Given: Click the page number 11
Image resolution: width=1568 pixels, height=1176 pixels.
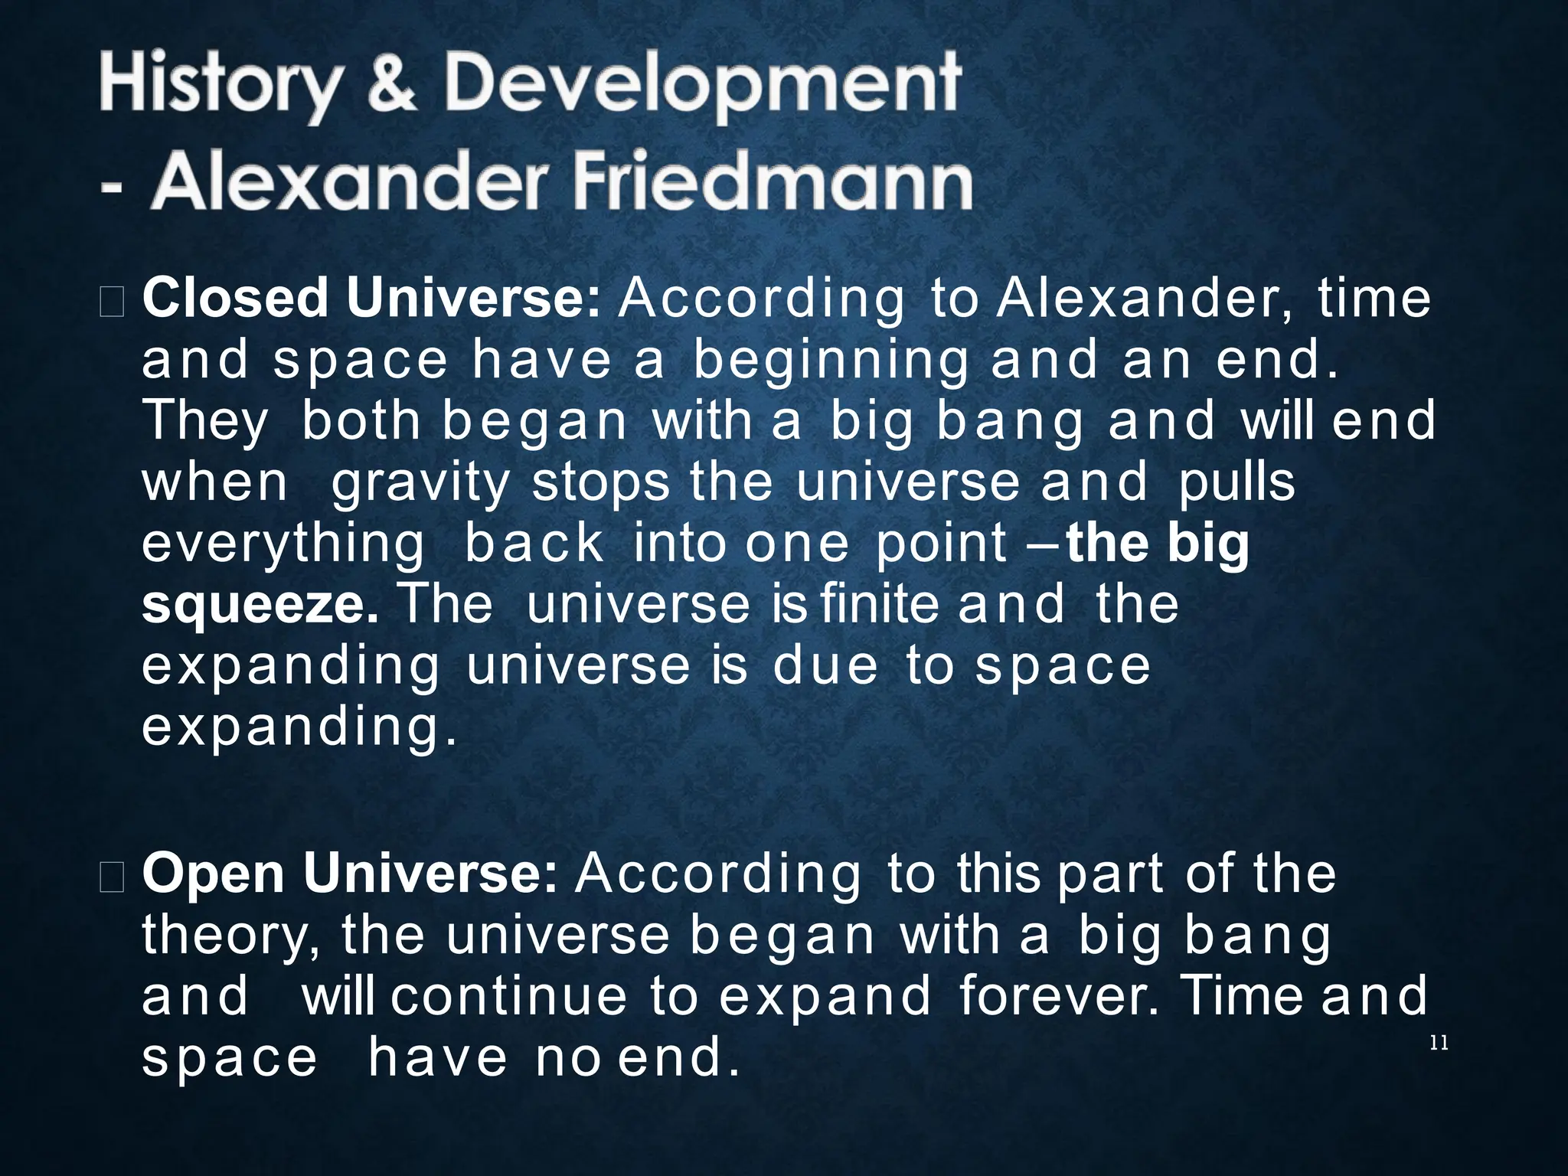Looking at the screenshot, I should [x=1439, y=1043].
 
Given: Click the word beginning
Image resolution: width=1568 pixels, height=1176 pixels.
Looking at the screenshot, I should [x=830, y=361].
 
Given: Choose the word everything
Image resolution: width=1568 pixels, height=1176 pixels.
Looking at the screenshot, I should [x=283, y=544].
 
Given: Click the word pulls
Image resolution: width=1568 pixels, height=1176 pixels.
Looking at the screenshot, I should [x=1236, y=482].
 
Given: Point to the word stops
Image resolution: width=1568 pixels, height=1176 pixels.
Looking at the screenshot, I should [x=600, y=483].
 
